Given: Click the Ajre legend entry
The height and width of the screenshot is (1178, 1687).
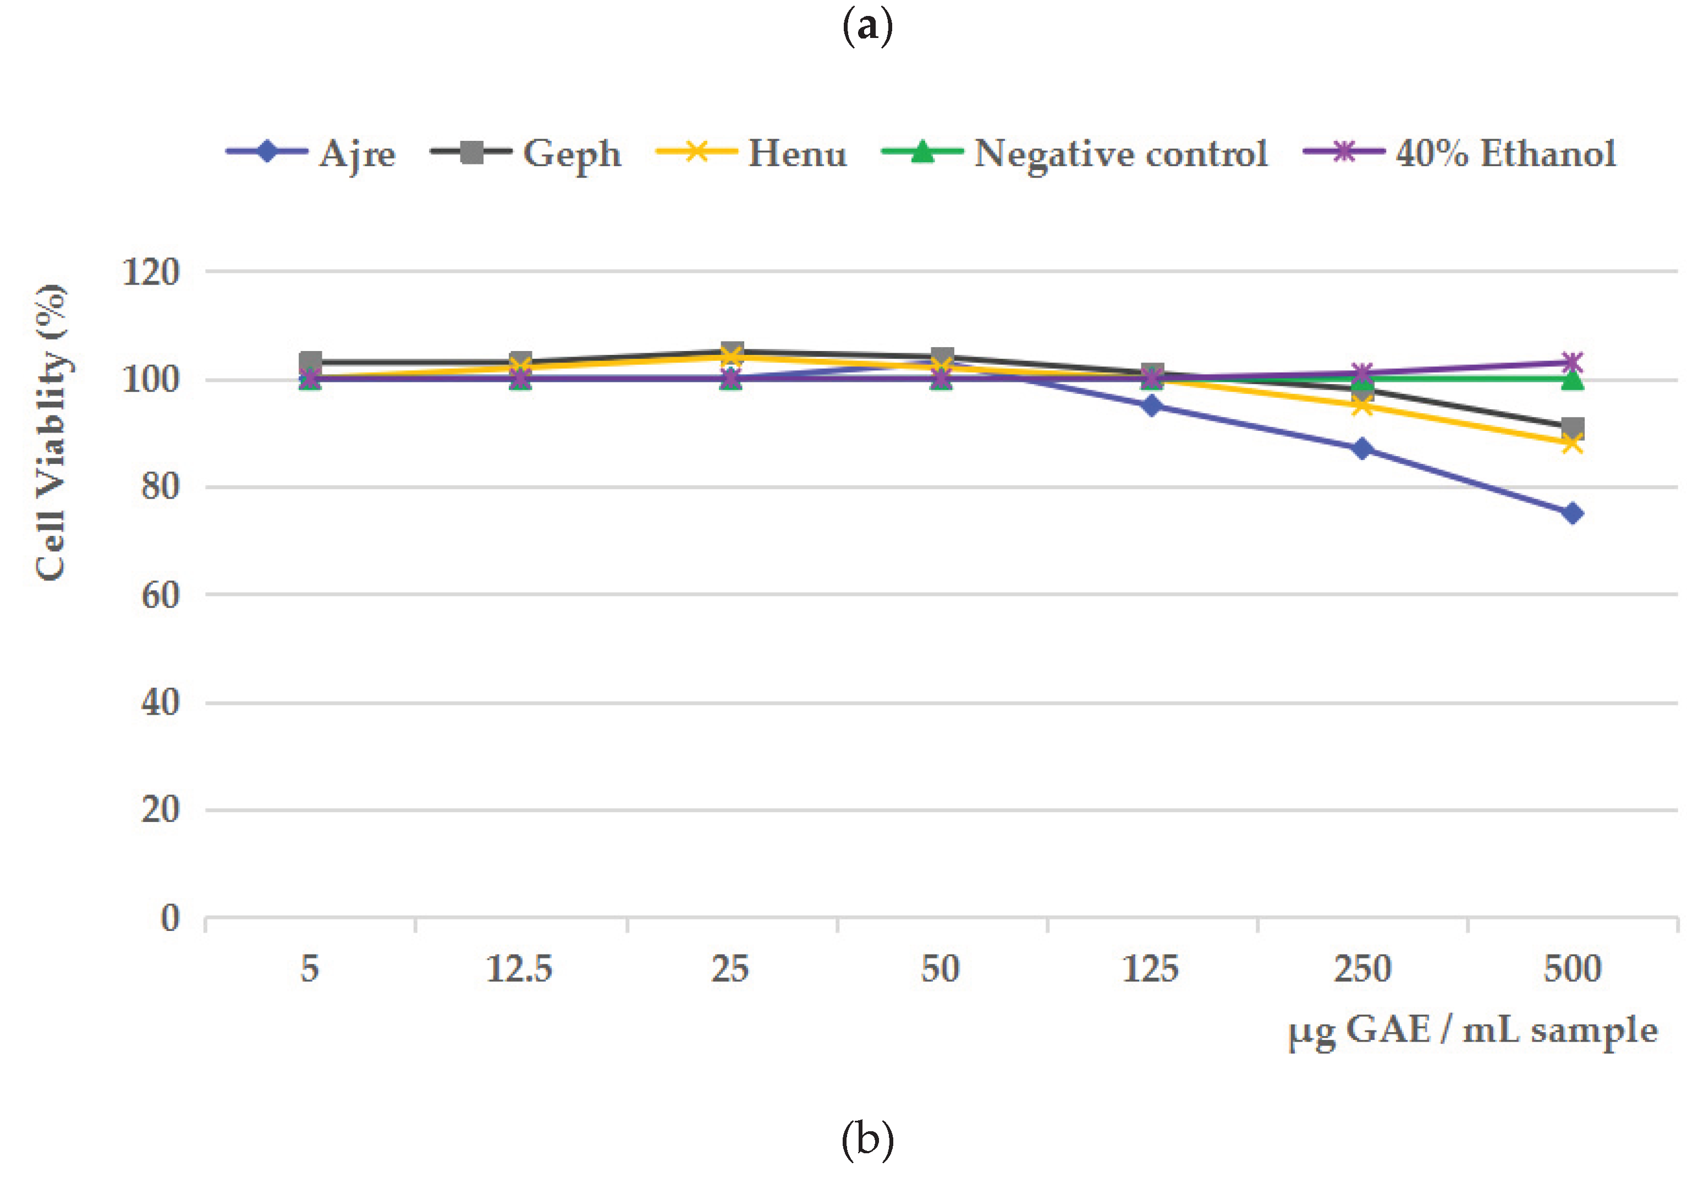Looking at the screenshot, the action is click(311, 154).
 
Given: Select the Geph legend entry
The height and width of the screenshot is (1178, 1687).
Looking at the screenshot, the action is click(526, 154).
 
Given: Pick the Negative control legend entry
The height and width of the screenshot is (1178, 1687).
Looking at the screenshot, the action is click(1075, 154).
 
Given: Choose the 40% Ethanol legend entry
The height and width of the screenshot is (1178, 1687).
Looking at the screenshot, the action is click(1460, 154).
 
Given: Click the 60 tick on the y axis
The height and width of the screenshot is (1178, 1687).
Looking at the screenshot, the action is click(160, 595).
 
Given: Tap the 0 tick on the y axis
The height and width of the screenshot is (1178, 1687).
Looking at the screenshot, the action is click(171, 918).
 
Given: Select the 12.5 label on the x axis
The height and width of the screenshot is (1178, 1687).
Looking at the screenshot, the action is click(519, 968).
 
